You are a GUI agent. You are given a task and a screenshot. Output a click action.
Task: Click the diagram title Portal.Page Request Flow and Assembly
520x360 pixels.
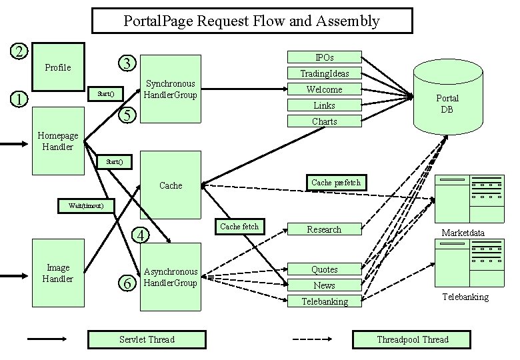click(x=251, y=21)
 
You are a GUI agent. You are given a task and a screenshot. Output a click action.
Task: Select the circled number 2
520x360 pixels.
click(x=21, y=51)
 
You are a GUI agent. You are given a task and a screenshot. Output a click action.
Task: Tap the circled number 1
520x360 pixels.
click(x=21, y=99)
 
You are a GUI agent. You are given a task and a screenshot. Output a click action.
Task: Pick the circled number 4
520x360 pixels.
click(x=140, y=235)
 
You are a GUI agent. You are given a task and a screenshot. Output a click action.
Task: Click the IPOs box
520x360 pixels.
click(x=324, y=57)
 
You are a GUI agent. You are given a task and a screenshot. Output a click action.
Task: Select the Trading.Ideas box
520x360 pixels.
click(x=324, y=73)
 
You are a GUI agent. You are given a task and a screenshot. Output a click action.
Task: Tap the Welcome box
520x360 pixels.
click(x=324, y=89)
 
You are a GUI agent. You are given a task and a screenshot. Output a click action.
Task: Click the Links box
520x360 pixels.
click(x=324, y=105)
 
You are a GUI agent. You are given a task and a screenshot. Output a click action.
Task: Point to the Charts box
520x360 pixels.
click(x=324, y=121)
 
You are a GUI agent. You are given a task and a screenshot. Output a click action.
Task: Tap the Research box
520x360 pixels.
click(x=324, y=229)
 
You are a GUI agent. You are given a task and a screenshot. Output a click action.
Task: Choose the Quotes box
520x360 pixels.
click(x=324, y=269)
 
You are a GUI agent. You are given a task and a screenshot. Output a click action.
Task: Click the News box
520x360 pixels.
click(x=324, y=285)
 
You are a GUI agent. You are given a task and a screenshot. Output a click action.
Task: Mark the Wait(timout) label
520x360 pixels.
click(x=86, y=205)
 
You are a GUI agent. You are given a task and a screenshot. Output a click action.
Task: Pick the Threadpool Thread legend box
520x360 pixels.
click(x=412, y=339)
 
